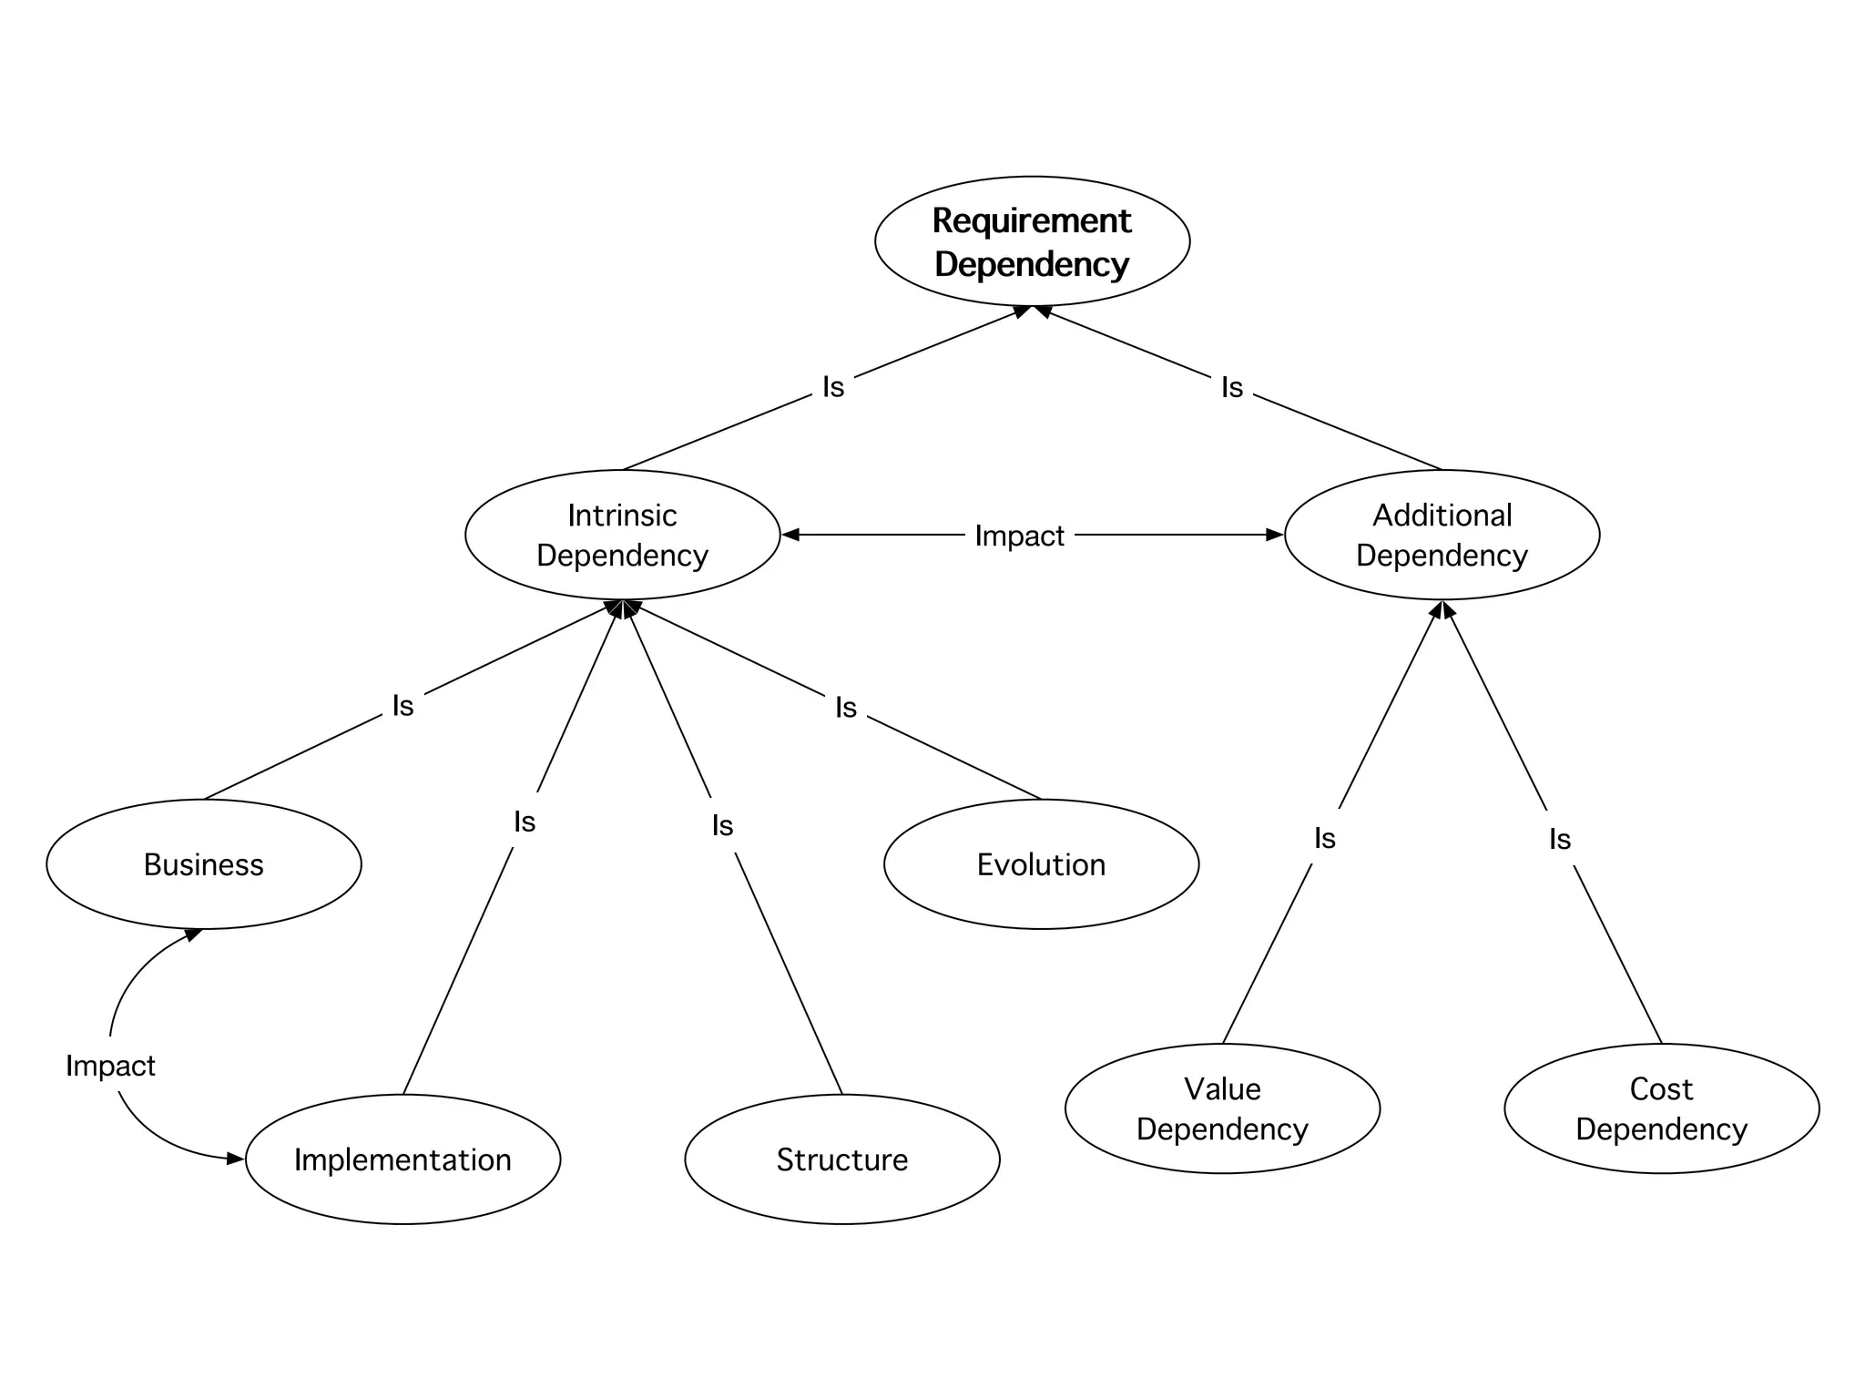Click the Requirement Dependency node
point(1032,241)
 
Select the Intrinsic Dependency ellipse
point(622,535)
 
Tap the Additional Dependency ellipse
point(1442,535)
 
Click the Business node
point(203,864)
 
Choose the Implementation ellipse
point(403,1159)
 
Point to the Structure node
point(841,1159)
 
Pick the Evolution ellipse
point(1041,864)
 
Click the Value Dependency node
point(1222,1108)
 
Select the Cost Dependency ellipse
point(1661,1108)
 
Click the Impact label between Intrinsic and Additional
point(1019,536)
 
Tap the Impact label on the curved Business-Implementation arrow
point(110,1065)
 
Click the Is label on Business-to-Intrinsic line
point(403,705)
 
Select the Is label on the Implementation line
point(525,822)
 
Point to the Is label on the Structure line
point(722,825)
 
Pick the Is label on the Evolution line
point(846,707)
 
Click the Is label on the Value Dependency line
point(1325,838)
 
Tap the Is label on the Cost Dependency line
point(1560,839)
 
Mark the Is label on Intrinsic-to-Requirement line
point(833,387)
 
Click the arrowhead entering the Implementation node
point(236,1159)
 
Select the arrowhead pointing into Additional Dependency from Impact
point(1275,535)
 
